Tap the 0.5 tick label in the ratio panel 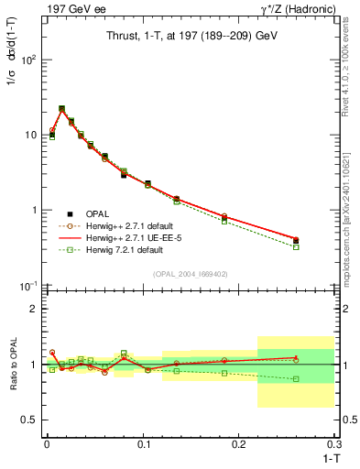click(x=28, y=420)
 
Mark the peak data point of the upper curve click(x=61, y=108)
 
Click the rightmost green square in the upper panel click(x=296, y=247)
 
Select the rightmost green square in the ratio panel click(x=296, y=379)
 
